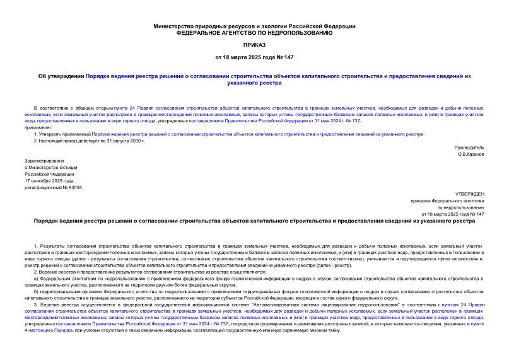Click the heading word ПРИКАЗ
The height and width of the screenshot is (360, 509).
tap(254, 46)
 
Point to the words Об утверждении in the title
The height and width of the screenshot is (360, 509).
tap(61, 76)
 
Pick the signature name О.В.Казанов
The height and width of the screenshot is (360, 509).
tap(471, 154)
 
